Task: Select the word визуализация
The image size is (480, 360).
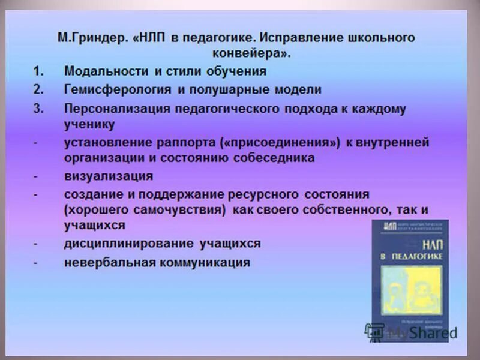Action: [109, 176]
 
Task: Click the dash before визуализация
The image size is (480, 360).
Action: [37, 177]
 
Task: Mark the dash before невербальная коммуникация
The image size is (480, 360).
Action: [37, 263]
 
